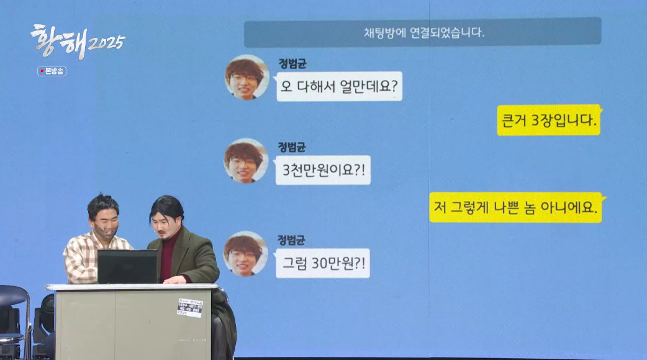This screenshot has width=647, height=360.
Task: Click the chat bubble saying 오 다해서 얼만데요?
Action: click(x=339, y=86)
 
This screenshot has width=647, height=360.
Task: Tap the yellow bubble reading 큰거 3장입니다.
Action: click(x=548, y=120)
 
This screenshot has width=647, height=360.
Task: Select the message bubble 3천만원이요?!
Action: click(x=323, y=170)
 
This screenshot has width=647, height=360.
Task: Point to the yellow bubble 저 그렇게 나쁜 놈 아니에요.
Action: click(x=515, y=207)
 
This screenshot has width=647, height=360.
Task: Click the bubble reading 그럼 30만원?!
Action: click(x=322, y=263)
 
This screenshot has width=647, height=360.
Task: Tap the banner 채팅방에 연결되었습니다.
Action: click(x=422, y=32)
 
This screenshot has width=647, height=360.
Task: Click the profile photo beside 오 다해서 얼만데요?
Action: click(x=246, y=78)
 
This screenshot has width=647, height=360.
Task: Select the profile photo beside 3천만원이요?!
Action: click(x=246, y=161)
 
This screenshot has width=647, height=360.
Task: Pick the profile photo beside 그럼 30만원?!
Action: click(x=246, y=253)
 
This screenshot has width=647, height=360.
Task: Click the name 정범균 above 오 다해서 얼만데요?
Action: click(x=292, y=63)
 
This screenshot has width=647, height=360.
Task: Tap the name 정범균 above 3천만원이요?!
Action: click(x=292, y=147)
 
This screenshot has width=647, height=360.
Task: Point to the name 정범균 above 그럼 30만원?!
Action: click(x=292, y=240)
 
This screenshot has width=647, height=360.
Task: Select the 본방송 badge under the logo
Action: click(x=52, y=71)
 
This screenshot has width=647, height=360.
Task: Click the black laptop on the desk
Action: click(x=127, y=266)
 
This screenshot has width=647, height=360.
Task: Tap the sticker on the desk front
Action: click(x=189, y=307)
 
